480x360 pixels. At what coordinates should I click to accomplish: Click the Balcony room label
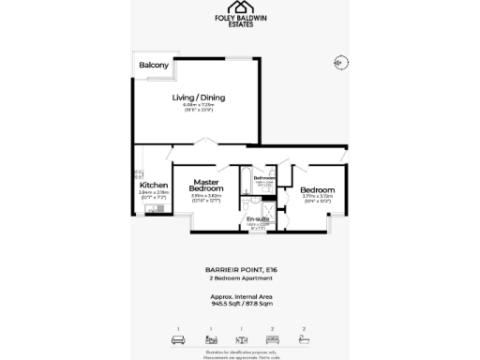coord(154,66)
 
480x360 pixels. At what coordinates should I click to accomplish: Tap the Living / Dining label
coord(198,97)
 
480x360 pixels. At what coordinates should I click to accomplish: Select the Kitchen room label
coord(153,185)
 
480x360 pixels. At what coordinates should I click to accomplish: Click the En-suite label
coord(258,218)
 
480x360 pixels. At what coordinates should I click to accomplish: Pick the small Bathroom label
coord(263,177)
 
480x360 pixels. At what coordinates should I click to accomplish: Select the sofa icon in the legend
coord(177,339)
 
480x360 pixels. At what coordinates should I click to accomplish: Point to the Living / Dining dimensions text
coord(198,110)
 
